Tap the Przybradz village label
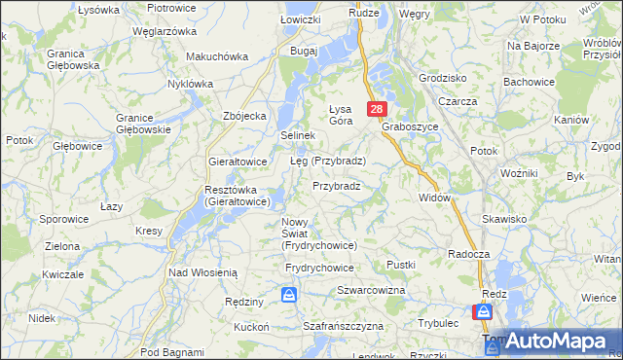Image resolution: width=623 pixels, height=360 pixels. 337,185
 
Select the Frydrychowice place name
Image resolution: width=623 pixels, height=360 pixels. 320,267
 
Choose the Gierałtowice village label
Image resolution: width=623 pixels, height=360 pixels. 238,161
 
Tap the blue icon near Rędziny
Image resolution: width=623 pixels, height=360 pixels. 289,294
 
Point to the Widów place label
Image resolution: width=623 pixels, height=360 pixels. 435,198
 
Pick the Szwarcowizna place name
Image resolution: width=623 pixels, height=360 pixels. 371,291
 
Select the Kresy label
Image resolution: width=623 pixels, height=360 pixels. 149,231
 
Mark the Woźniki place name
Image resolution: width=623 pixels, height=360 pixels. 519,172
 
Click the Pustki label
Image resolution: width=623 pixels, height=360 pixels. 401,264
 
